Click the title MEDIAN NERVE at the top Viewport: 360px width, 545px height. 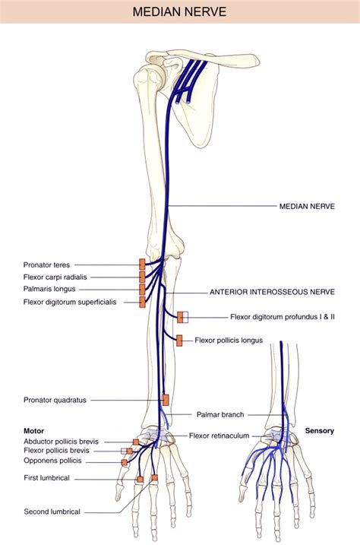pos(179,13)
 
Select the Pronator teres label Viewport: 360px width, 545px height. pos(46,265)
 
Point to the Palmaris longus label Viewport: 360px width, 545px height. pos(48,290)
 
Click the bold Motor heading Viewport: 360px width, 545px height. pos(33,431)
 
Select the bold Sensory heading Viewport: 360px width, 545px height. pos(320,431)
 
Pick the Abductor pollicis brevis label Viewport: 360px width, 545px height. pos(61,441)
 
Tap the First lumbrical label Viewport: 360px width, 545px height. pos(46,478)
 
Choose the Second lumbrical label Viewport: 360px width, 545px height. pos(52,512)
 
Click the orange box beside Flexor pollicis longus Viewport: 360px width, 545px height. pos(179,341)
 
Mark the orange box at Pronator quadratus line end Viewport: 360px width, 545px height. pos(165,399)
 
